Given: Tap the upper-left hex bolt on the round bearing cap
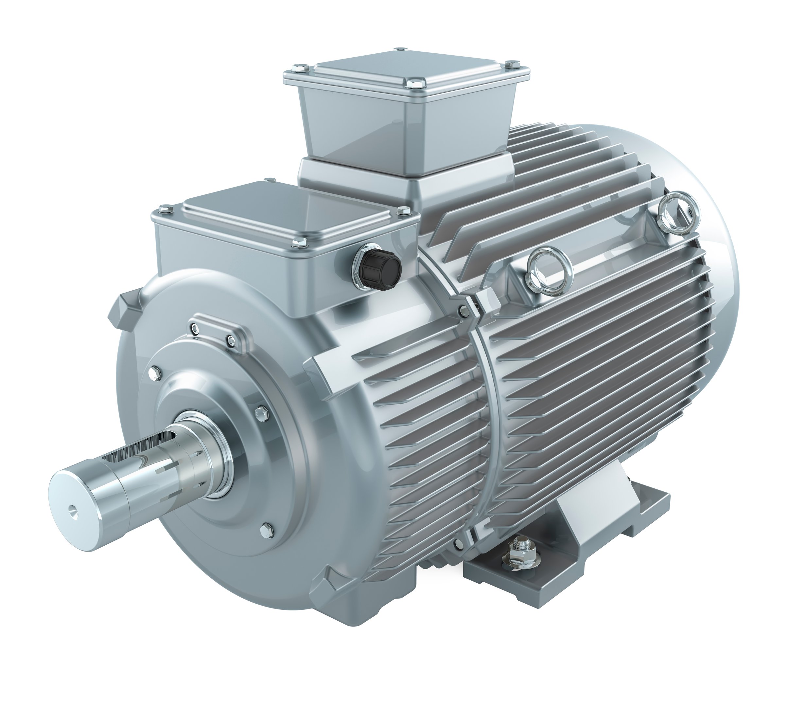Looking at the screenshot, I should [156, 374].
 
